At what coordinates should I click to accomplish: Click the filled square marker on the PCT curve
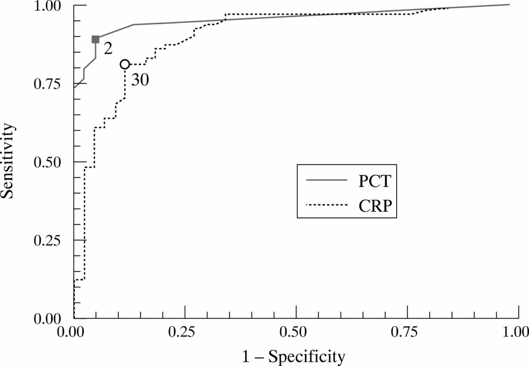tap(95, 39)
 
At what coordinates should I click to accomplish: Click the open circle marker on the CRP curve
tap(125, 64)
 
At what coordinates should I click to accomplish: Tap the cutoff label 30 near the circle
tap(140, 80)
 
